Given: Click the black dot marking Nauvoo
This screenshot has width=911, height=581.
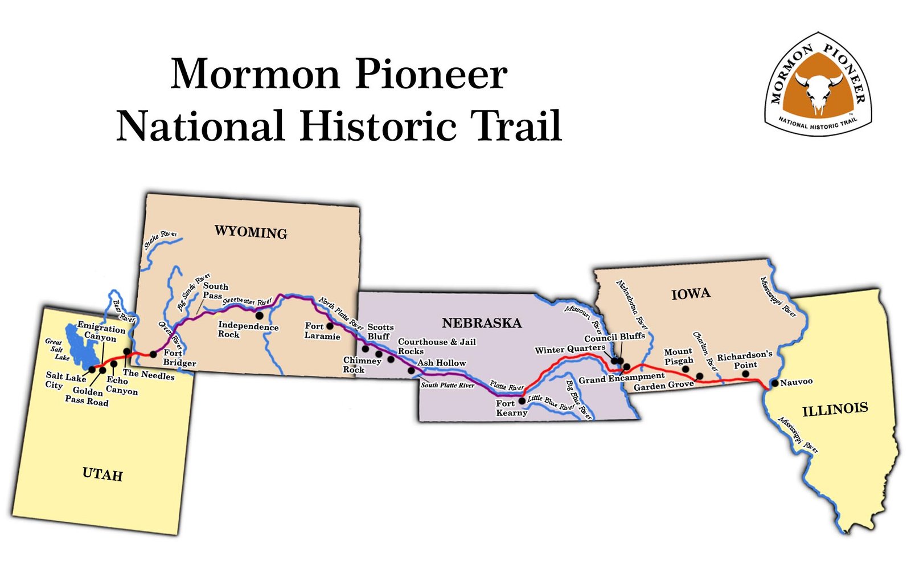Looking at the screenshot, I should pos(774,383).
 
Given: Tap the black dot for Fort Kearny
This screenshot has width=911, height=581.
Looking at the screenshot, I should pos(522,401).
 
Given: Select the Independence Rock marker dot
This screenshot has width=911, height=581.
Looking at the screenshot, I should pos(259,315).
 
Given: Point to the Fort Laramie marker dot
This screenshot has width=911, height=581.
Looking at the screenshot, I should pos(330,326).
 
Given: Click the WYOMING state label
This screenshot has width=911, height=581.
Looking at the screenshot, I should pos(251,232).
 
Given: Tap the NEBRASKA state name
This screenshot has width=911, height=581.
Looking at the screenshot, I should pos(482,324).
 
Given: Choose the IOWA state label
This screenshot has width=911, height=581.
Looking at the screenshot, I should pos(691,294).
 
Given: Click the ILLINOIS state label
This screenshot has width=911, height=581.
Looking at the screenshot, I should pos(835,409).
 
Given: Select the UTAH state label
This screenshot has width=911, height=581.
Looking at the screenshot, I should pos(102,474).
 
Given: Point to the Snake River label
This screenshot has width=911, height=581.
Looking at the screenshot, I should pos(161,240).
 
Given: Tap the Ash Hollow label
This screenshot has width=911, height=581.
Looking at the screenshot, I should pos(442,363).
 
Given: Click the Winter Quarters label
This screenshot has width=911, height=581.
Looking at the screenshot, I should pos(569,349).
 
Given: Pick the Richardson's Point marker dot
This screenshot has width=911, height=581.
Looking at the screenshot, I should pos(746,374).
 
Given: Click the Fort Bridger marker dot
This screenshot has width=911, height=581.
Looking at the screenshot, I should pos(153,354).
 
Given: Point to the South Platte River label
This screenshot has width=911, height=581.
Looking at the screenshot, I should pos(448,386).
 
